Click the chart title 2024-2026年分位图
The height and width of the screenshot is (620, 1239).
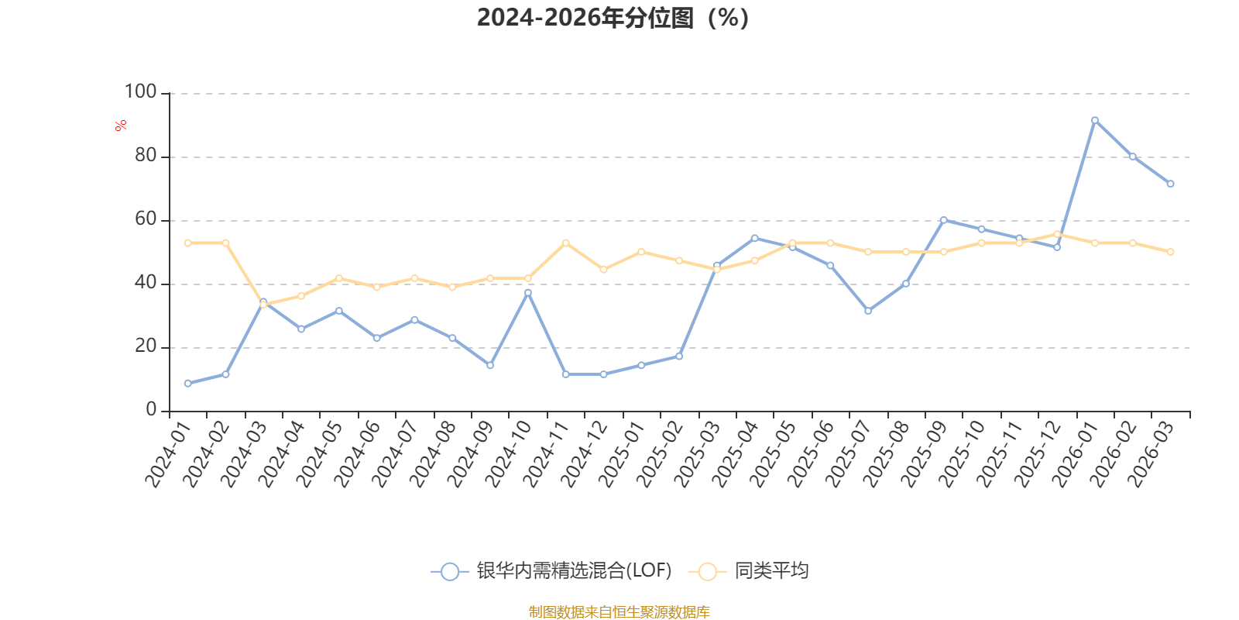click(x=613, y=18)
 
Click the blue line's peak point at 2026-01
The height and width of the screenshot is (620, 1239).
click(x=1094, y=120)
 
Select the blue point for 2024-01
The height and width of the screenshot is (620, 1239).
click(x=187, y=383)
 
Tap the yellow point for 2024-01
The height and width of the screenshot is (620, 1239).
click(x=187, y=243)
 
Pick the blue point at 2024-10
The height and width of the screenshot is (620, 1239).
click(x=528, y=292)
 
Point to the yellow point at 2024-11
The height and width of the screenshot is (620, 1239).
click(x=565, y=243)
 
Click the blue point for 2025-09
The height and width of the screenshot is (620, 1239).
click(x=943, y=220)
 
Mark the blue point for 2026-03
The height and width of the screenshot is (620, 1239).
click(x=1170, y=184)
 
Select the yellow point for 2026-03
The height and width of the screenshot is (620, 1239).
click(x=1170, y=252)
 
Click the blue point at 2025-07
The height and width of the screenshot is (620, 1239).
click(x=868, y=311)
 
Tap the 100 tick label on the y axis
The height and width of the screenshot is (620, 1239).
click(x=140, y=92)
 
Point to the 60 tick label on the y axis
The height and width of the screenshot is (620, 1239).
click(x=146, y=219)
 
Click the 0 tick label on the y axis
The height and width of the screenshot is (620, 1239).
click(x=151, y=410)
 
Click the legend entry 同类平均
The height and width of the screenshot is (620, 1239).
click(x=771, y=571)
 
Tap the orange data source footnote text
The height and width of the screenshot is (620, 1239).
click(x=619, y=612)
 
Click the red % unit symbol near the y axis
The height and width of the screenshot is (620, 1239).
click(x=120, y=126)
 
